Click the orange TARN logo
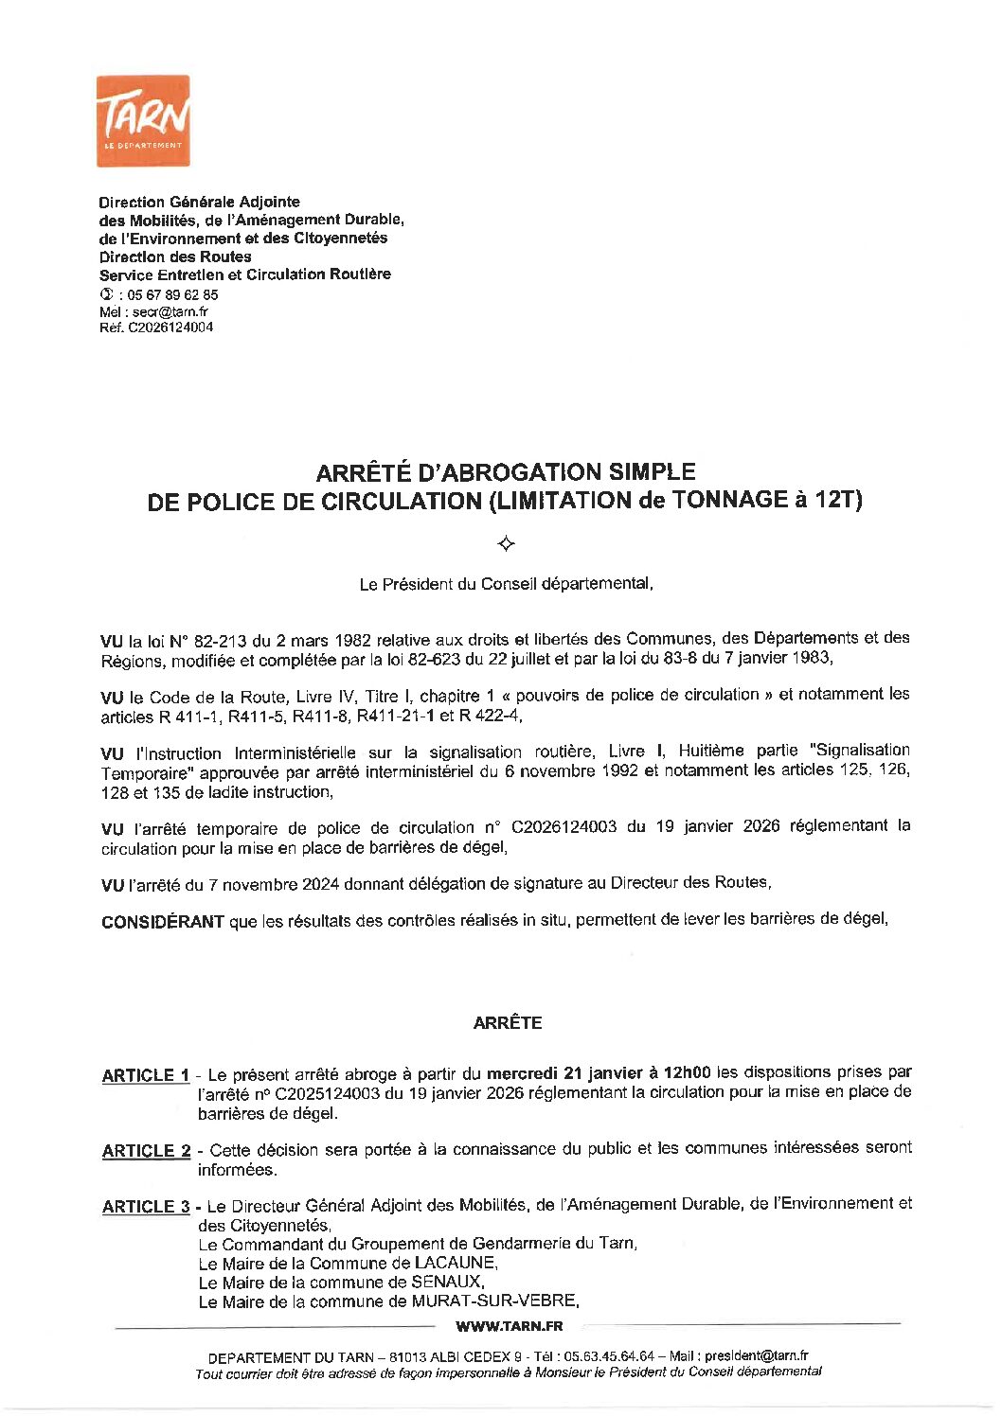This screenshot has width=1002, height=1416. [x=143, y=121]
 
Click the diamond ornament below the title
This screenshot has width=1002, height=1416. [x=506, y=543]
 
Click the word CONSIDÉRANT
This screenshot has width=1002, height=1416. [x=163, y=921]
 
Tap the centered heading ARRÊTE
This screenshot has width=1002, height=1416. [x=507, y=1023]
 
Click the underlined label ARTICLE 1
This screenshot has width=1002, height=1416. [x=146, y=1075]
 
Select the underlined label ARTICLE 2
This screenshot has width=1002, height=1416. [x=146, y=1151]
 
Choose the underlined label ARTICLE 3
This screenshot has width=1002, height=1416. [x=146, y=1207]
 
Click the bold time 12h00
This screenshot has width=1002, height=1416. [x=687, y=1072]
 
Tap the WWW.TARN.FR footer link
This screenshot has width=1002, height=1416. [x=509, y=1327]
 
